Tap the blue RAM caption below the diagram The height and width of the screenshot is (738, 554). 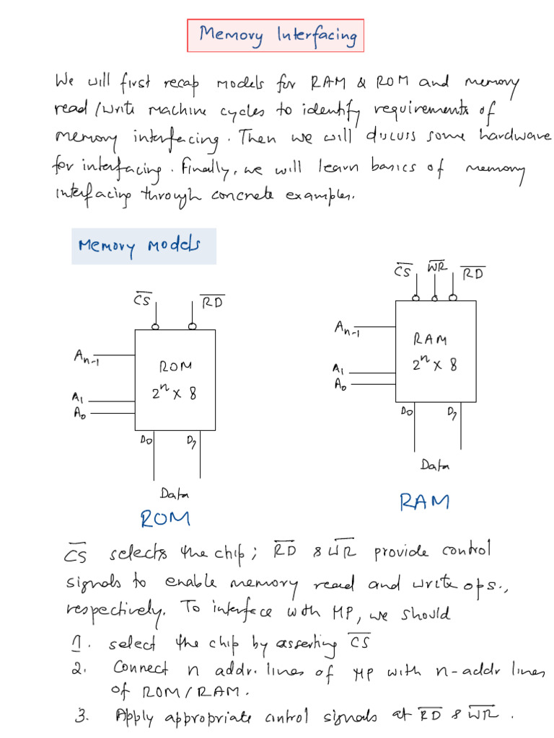pos(424,502)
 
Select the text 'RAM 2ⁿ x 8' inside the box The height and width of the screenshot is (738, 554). pos(434,352)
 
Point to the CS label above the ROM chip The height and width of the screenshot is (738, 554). pos(142,299)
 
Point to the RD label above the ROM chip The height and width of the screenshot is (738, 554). pos(212,302)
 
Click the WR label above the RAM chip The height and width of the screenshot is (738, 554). pos(437,267)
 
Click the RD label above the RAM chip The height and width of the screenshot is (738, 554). pos(472,274)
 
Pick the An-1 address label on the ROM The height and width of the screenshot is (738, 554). pos(87,357)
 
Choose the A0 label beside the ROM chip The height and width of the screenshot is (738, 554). pos(78,413)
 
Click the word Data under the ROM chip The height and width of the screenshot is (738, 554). pos(175,494)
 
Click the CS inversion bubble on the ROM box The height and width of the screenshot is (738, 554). pos(155,326)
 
